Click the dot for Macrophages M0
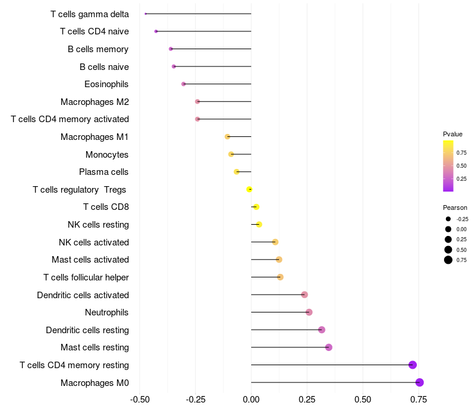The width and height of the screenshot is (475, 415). [420, 382]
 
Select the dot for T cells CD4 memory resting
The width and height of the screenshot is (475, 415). [413, 365]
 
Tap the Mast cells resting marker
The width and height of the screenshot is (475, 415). [328, 347]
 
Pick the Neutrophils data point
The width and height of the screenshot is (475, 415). [309, 312]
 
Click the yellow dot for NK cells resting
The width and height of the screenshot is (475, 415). [259, 224]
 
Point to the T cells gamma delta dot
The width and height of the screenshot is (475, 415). [145, 14]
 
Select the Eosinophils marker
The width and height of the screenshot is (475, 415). [183, 84]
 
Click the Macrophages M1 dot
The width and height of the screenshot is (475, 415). [227, 136]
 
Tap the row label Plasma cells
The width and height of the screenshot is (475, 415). [104, 172]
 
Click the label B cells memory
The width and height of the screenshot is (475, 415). [98, 49]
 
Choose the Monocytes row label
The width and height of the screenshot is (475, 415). [107, 155]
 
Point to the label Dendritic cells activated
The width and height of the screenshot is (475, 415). [83, 295]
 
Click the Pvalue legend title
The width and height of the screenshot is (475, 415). [452, 134]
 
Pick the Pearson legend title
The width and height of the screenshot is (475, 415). [455, 208]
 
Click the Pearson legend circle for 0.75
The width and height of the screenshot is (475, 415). [448, 260]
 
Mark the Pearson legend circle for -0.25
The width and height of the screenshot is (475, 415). [448, 219]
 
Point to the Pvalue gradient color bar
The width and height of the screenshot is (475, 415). [448, 166]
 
